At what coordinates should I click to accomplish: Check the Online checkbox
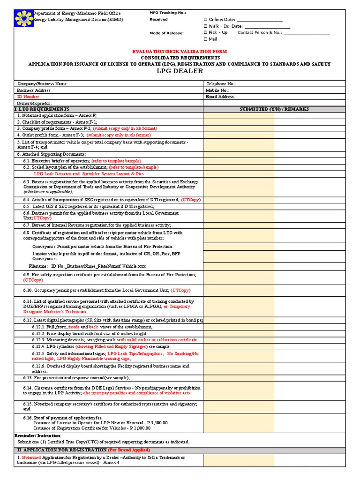(x=205, y=20)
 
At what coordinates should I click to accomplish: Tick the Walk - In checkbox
(x=205, y=26)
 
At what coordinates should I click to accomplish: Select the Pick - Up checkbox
(x=205, y=33)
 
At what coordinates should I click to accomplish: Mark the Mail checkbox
(x=205, y=39)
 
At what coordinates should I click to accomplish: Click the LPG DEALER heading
(x=180, y=71)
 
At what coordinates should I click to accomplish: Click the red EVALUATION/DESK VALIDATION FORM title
(x=180, y=52)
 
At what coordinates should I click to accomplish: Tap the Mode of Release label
(x=166, y=33)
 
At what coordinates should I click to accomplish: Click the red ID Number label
(x=29, y=97)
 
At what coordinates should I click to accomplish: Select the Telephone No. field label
(x=221, y=84)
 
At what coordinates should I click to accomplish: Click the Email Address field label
(x=220, y=97)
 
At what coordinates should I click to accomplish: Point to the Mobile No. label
(x=217, y=90)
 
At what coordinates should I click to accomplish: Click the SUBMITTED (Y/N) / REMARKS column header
(x=274, y=109)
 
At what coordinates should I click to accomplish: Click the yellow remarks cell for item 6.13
(x=239, y=377)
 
